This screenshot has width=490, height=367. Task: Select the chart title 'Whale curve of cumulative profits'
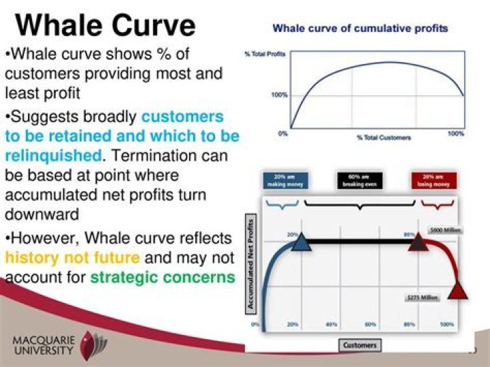360,29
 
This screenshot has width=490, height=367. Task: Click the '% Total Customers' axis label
384,138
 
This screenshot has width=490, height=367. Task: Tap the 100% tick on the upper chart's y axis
279,95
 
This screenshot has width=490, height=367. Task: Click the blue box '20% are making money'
285,181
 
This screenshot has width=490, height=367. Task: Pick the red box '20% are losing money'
434,181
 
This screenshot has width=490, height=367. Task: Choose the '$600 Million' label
445,231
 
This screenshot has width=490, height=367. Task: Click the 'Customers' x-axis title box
360,345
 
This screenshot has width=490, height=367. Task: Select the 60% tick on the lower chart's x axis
370,325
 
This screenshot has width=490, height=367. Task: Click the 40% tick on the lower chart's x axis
331,325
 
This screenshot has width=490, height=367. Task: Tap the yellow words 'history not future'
72,258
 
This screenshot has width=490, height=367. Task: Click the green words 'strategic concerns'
163,277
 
